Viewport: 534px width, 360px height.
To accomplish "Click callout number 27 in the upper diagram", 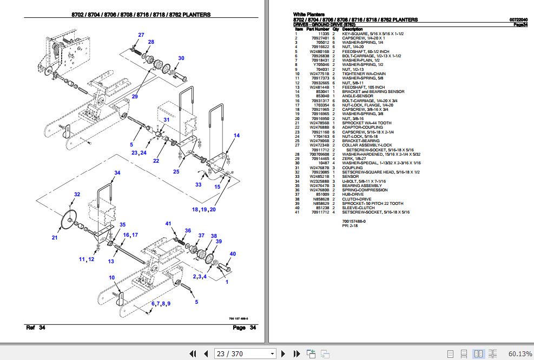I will tap(141, 35).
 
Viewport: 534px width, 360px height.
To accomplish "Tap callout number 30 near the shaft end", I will tap(181, 58).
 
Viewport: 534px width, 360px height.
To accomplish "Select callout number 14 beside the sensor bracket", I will tap(236, 136).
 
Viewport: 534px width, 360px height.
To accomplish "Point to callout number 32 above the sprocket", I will tap(77, 195).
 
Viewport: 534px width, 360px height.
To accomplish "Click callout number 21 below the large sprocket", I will tap(55, 237).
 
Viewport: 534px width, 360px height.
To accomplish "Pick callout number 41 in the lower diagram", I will tap(168, 224).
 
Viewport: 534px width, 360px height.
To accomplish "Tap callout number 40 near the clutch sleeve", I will tap(233, 254).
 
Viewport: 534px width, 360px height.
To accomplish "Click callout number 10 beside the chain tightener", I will tap(113, 278).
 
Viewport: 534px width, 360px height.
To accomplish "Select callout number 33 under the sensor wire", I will tap(199, 185).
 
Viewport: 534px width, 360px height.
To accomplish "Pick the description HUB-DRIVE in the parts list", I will tap(353, 194).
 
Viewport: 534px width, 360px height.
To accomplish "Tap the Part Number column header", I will tap(317, 29).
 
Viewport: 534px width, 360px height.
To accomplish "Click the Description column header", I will tap(352, 29).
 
